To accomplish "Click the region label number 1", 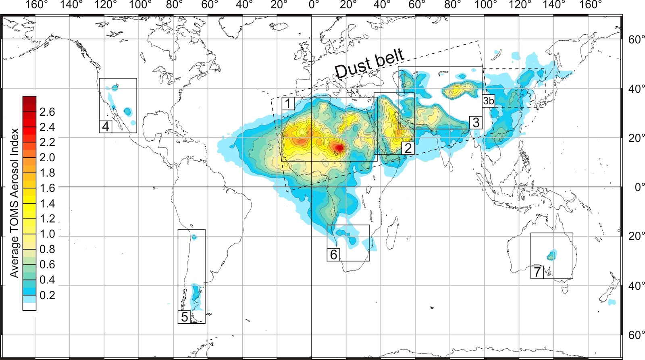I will coord(288,104).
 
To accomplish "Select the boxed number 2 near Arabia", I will coord(408,148).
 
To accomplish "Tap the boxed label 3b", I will coord(488,101).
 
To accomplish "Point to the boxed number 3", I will coord(476,122).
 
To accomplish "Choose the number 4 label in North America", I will coord(105,126).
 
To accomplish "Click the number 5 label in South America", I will coord(184,316).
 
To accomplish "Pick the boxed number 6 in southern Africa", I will coord(333,254).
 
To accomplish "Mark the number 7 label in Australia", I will coord(537,272).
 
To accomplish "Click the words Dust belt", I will coord(369,63).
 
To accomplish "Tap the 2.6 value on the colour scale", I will coord(47,112).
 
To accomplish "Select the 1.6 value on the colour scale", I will coord(47,188).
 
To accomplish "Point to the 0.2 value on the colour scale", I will coord(47,295).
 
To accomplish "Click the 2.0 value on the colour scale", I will coord(47,157).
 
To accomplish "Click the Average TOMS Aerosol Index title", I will coord(15,203).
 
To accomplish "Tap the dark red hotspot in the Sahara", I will coord(339,148).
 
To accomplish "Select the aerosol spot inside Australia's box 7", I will coord(551,256).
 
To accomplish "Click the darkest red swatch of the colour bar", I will coord(29,100).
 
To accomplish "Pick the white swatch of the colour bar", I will coord(29,306).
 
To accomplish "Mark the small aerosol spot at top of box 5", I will coord(194,237).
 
